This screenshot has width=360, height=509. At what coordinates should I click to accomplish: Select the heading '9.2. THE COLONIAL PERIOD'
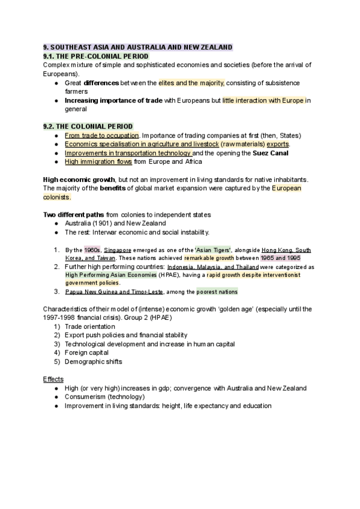coord(83,126)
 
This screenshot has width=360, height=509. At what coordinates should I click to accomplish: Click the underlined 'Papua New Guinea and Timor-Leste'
coord(109,292)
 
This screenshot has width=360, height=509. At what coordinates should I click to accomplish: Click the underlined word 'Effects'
coord(53,379)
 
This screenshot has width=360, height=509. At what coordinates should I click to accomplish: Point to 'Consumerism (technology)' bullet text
coord(104,397)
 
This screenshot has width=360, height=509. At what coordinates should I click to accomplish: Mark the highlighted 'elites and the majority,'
coord(192,82)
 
